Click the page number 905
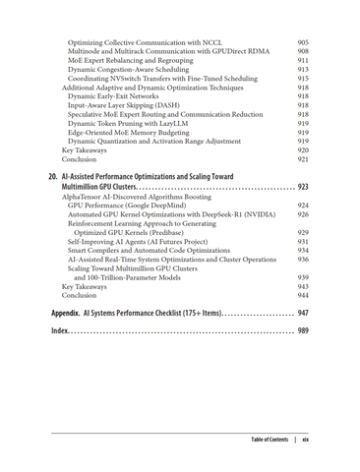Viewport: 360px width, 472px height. click(303, 43)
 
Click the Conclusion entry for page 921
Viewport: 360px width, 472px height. click(79, 158)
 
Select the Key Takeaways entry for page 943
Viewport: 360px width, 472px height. click(85, 286)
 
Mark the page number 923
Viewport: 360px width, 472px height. click(303, 186)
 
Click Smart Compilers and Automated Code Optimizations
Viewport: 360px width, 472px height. click(149, 250)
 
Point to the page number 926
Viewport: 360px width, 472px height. click(303, 214)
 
